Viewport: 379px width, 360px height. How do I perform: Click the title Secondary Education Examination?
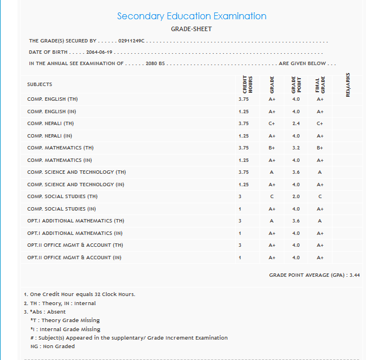[191, 16]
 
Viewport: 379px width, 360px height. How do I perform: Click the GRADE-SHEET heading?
[191, 28]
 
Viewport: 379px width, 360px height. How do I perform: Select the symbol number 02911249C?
[131, 41]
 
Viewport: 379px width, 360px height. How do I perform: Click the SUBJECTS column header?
[40, 84]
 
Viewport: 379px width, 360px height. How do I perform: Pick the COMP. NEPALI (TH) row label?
[50, 123]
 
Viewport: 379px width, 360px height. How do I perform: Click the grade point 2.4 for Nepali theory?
[296, 123]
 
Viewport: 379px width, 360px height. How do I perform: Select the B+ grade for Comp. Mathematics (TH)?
[272, 148]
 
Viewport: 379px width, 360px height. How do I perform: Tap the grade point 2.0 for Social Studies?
[296, 196]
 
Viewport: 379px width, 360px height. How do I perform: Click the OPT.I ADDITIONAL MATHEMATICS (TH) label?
[75, 221]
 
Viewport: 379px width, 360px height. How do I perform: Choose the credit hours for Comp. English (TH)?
[244, 99]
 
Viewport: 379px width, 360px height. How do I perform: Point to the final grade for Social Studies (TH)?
[320, 196]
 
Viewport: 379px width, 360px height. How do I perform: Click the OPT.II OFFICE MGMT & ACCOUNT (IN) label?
[74, 258]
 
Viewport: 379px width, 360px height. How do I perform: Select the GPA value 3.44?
[355, 275]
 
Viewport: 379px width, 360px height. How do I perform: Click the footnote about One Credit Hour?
[79, 294]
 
